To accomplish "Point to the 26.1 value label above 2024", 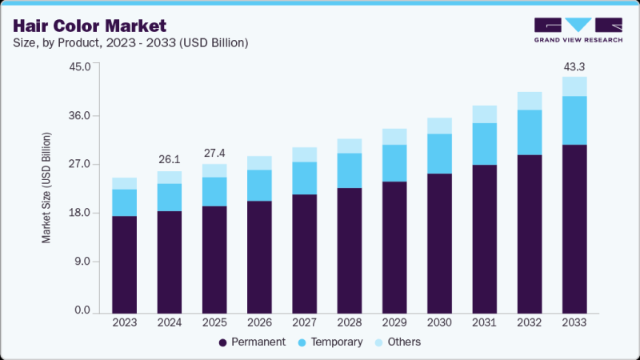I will click(169, 158).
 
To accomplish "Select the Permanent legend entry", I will click(251, 342).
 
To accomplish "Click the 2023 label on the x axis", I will click(124, 323).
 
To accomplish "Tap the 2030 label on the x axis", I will click(439, 323).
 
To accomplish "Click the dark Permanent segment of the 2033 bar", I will click(574, 228).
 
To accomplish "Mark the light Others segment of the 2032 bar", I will click(530, 101).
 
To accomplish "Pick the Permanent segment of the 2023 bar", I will click(124, 264).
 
